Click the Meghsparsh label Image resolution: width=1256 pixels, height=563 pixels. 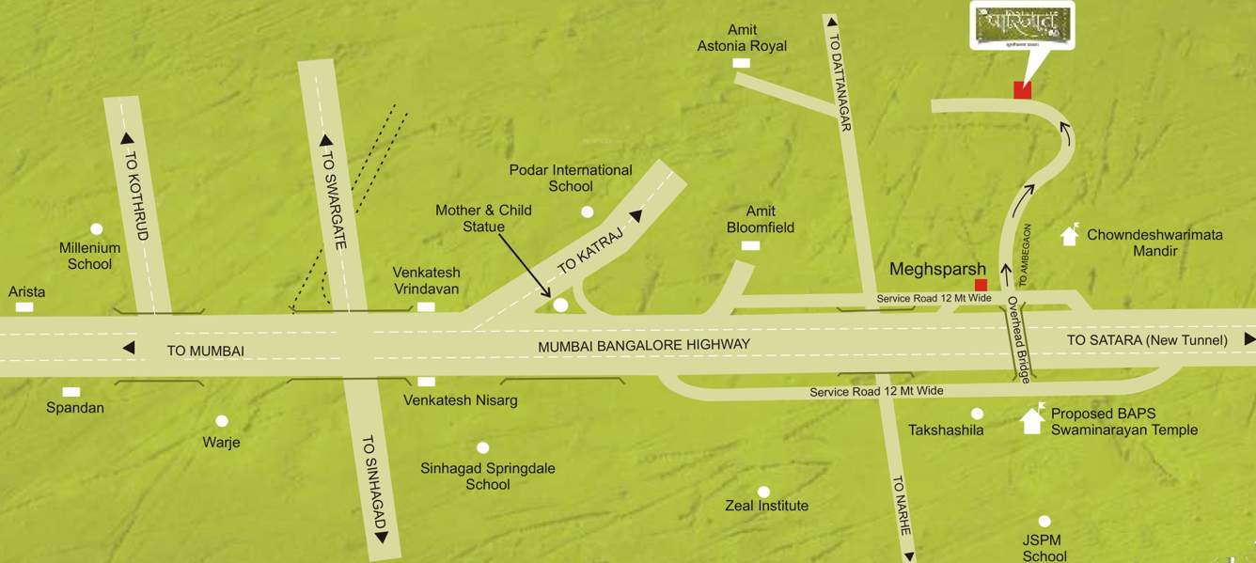937,271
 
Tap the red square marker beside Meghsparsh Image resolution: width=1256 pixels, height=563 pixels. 981,285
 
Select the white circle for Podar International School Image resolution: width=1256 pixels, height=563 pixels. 588,211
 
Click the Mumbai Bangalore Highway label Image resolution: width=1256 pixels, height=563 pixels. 644,345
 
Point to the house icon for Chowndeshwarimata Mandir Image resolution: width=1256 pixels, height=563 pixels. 1069,235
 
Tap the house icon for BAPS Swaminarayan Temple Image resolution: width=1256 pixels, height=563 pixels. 1032,420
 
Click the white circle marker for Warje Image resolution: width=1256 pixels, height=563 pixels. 222,421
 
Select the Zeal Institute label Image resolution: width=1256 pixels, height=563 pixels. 766,506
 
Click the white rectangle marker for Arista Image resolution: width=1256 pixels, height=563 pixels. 24,307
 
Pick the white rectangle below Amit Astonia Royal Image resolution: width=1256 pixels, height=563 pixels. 742,63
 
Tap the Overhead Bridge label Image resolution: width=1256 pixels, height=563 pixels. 1019,340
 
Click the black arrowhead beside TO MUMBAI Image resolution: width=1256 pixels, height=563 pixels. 129,349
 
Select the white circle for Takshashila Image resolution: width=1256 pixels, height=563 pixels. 977,414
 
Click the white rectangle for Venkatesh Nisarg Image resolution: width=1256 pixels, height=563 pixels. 426,382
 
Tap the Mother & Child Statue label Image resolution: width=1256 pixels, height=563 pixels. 483,218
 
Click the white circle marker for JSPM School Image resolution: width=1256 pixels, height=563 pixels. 1044,522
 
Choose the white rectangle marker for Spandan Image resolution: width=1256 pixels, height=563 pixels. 71,392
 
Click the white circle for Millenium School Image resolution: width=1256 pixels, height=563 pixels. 96,228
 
